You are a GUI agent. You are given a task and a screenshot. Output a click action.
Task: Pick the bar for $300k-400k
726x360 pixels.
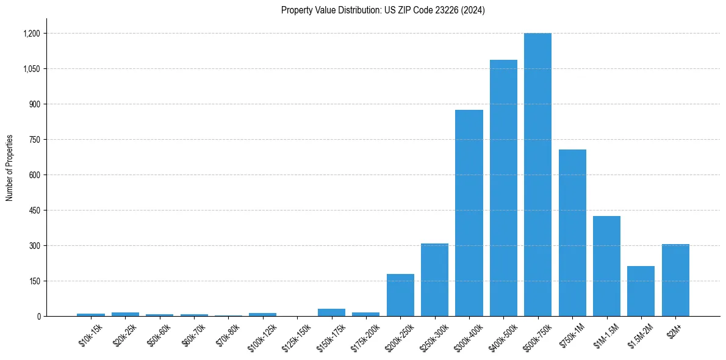[x=469, y=213]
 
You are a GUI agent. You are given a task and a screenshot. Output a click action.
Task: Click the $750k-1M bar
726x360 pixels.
[x=572, y=232]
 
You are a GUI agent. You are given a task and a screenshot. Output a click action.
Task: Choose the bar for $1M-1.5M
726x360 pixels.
[x=606, y=266]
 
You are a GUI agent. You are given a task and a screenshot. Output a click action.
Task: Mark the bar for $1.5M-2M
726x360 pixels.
[x=641, y=291]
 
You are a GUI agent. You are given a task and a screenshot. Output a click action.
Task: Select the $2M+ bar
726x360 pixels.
[x=675, y=280]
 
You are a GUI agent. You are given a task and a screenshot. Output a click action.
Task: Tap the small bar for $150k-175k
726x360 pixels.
[x=331, y=312]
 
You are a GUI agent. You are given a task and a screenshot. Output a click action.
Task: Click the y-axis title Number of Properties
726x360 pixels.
[x=10, y=168]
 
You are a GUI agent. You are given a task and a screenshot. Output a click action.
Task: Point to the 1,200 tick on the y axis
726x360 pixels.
[x=31, y=34]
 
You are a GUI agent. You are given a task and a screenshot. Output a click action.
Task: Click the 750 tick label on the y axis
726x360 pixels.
[x=35, y=140]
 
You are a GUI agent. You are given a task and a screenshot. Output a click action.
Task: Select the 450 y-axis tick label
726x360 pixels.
[x=35, y=211]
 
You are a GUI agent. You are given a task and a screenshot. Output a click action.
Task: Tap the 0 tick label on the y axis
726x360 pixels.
[x=38, y=317]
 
